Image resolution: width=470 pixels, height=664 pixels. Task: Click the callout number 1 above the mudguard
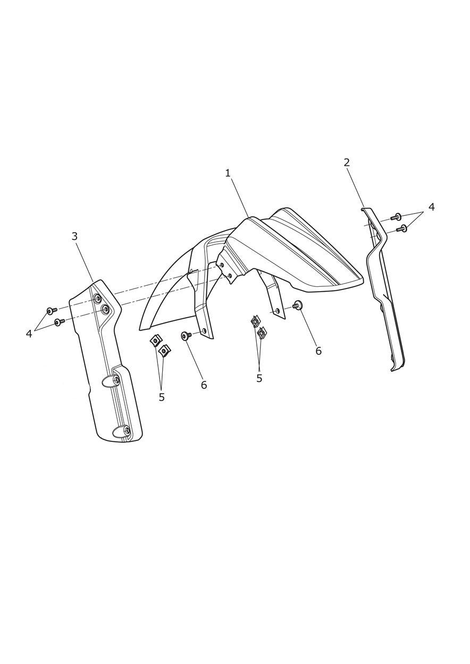point(228,173)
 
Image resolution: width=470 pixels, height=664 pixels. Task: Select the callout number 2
point(347,162)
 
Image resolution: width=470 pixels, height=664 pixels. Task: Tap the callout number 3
point(74,236)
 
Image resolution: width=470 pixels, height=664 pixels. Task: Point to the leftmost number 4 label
point(29,334)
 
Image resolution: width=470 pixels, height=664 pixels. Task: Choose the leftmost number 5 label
point(162,397)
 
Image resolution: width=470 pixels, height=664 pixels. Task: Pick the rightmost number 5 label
point(259,378)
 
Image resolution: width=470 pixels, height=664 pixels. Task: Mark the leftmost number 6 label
point(204,385)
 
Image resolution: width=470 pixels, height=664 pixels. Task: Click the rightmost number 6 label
point(318,351)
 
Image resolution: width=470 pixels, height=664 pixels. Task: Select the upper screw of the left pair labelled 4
point(52,310)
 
